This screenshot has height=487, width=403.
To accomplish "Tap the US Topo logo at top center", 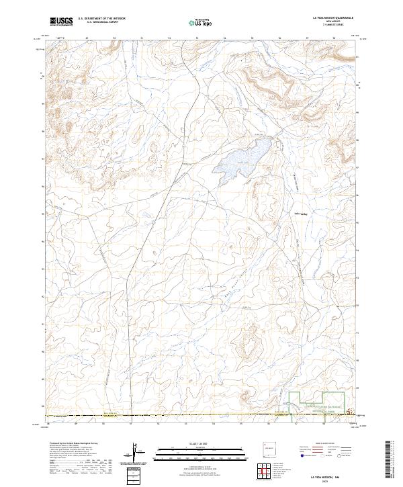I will pos(201,22).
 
